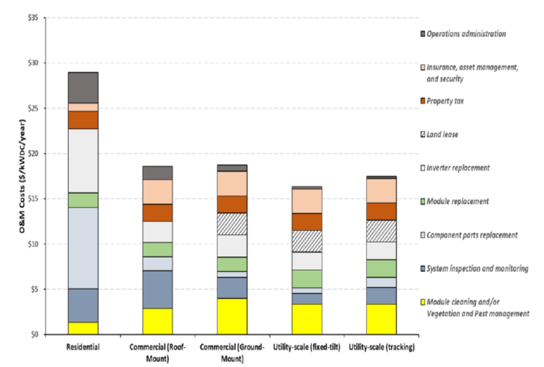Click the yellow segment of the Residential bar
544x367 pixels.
click(x=83, y=328)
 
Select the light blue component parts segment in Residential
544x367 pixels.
click(x=83, y=248)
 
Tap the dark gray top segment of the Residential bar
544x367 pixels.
click(x=83, y=87)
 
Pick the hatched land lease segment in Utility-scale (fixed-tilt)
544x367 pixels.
click(x=307, y=241)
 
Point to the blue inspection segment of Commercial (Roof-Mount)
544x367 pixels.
click(x=157, y=289)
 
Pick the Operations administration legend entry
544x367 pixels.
click(x=475, y=33)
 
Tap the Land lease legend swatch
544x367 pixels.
click(x=423, y=134)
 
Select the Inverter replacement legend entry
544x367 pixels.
click(x=468, y=168)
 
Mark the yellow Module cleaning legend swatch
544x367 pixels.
click(x=423, y=302)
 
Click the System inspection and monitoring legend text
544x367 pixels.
click(x=477, y=268)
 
